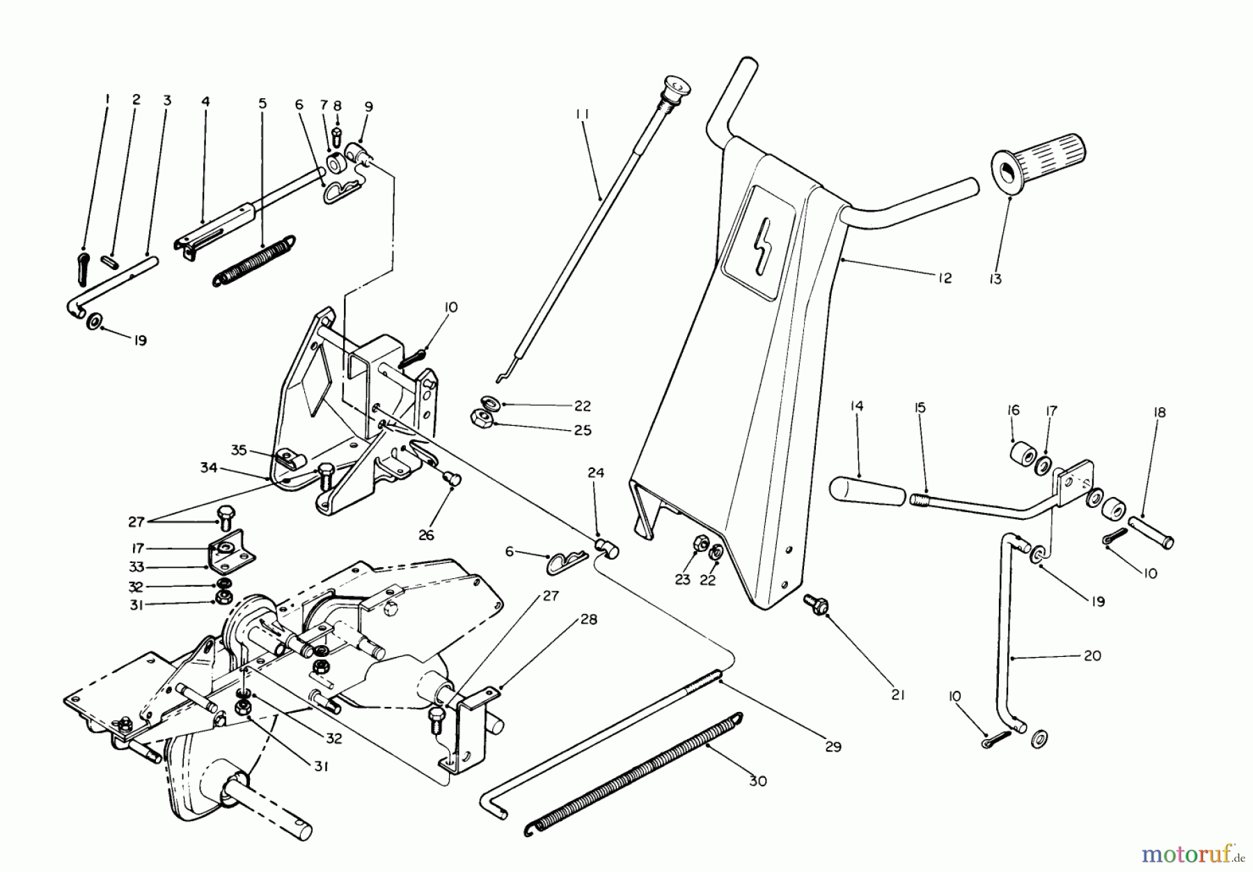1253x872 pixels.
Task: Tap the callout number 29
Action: tap(833, 747)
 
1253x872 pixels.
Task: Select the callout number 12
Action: tap(944, 278)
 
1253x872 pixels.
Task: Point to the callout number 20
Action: tap(1092, 656)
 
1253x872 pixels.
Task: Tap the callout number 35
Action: tap(239, 450)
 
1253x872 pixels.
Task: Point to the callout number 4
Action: tap(205, 101)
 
